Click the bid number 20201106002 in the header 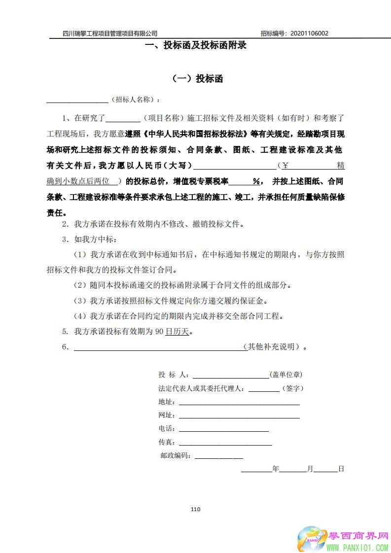(310, 34)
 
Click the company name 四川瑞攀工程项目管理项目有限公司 (110, 34)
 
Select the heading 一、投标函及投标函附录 (195, 46)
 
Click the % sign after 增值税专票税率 (256, 181)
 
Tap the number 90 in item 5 (159, 332)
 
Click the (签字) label (292, 388)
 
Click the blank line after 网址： (239, 417)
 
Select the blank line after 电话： (223, 430)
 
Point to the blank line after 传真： (225, 444)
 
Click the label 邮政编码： (177, 456)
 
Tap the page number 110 (195, 509)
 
